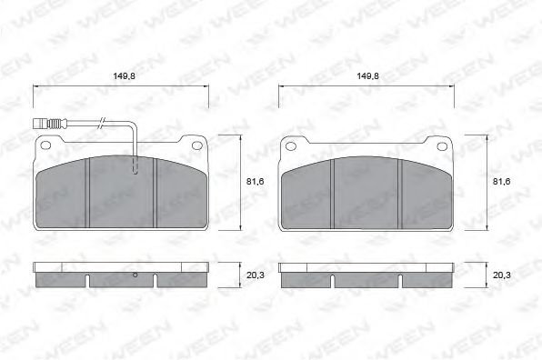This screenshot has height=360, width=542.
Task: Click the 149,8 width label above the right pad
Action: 367,78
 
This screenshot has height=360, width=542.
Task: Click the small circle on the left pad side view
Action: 135,275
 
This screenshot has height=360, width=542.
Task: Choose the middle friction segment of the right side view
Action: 367,280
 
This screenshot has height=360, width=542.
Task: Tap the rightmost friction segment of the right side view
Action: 428,280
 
